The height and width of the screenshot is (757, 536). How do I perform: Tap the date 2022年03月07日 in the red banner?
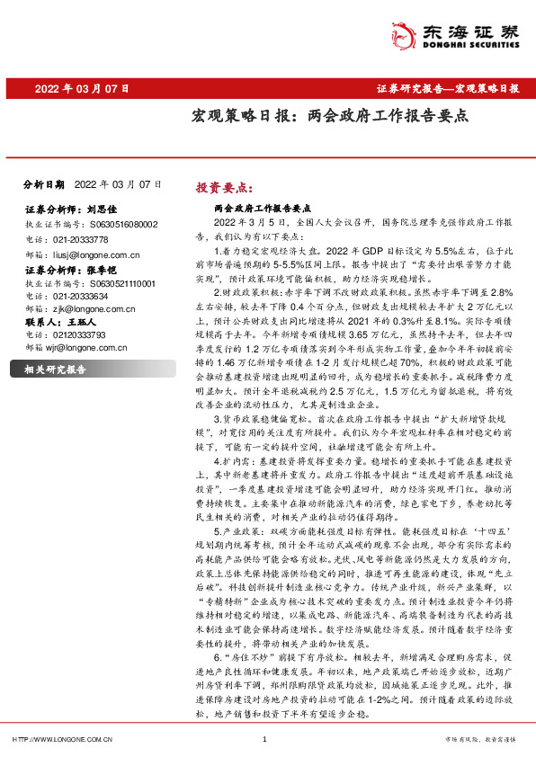82,89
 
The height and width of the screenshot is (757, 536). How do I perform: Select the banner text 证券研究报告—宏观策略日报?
447,89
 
